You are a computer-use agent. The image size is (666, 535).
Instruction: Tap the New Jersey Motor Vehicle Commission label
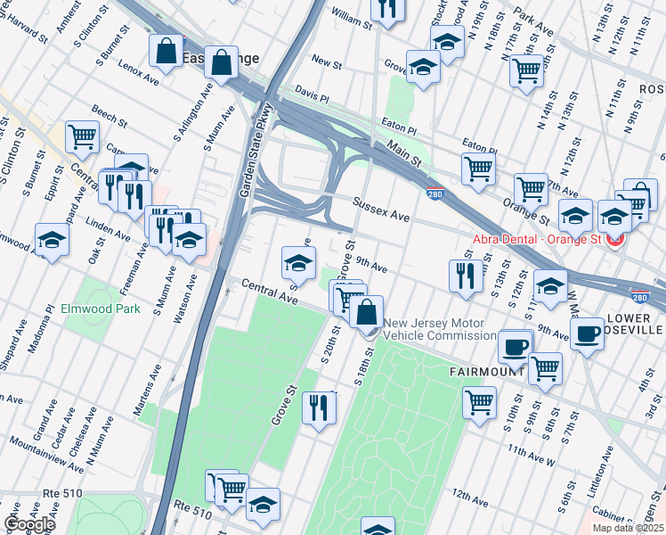click(x=435, y=329)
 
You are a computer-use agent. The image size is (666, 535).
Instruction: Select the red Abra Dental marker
click(x=613, y=239)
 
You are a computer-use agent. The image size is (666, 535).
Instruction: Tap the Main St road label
click(x=403, y=152)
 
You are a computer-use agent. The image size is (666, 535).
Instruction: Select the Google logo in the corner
click(x=28, y=524)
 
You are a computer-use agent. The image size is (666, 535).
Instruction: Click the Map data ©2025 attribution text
click(x=628, y=528)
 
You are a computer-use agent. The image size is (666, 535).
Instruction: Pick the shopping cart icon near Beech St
click(x=82, y=136)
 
